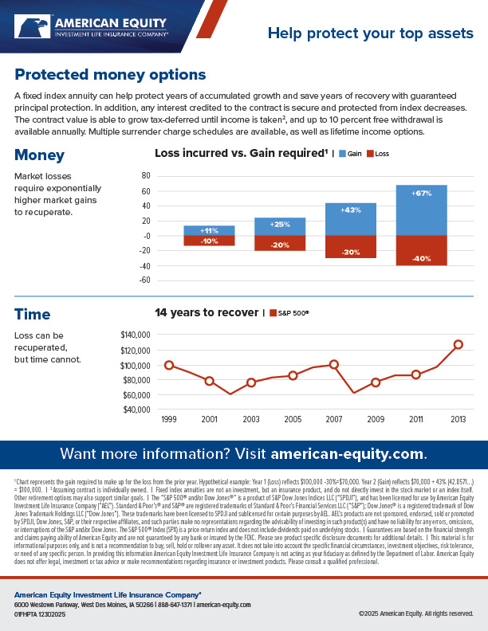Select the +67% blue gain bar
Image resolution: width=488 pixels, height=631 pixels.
[421, 210]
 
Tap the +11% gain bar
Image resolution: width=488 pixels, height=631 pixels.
[209, 231]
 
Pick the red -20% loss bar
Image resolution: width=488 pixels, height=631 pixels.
[280, 243]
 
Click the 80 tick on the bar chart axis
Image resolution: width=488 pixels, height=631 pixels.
[145, 176]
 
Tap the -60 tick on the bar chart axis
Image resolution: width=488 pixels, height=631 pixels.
[144, 280]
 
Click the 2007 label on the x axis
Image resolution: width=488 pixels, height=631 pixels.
[334, 418]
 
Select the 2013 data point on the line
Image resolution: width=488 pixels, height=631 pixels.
[458, 344]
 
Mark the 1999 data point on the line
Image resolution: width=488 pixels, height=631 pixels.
[169, 365]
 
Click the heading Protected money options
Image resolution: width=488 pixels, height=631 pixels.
[110, 75]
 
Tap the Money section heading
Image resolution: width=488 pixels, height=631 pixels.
[39, 155]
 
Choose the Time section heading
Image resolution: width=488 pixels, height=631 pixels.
[33, 315]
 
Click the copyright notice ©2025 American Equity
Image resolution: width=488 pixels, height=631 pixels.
[415, 614]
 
